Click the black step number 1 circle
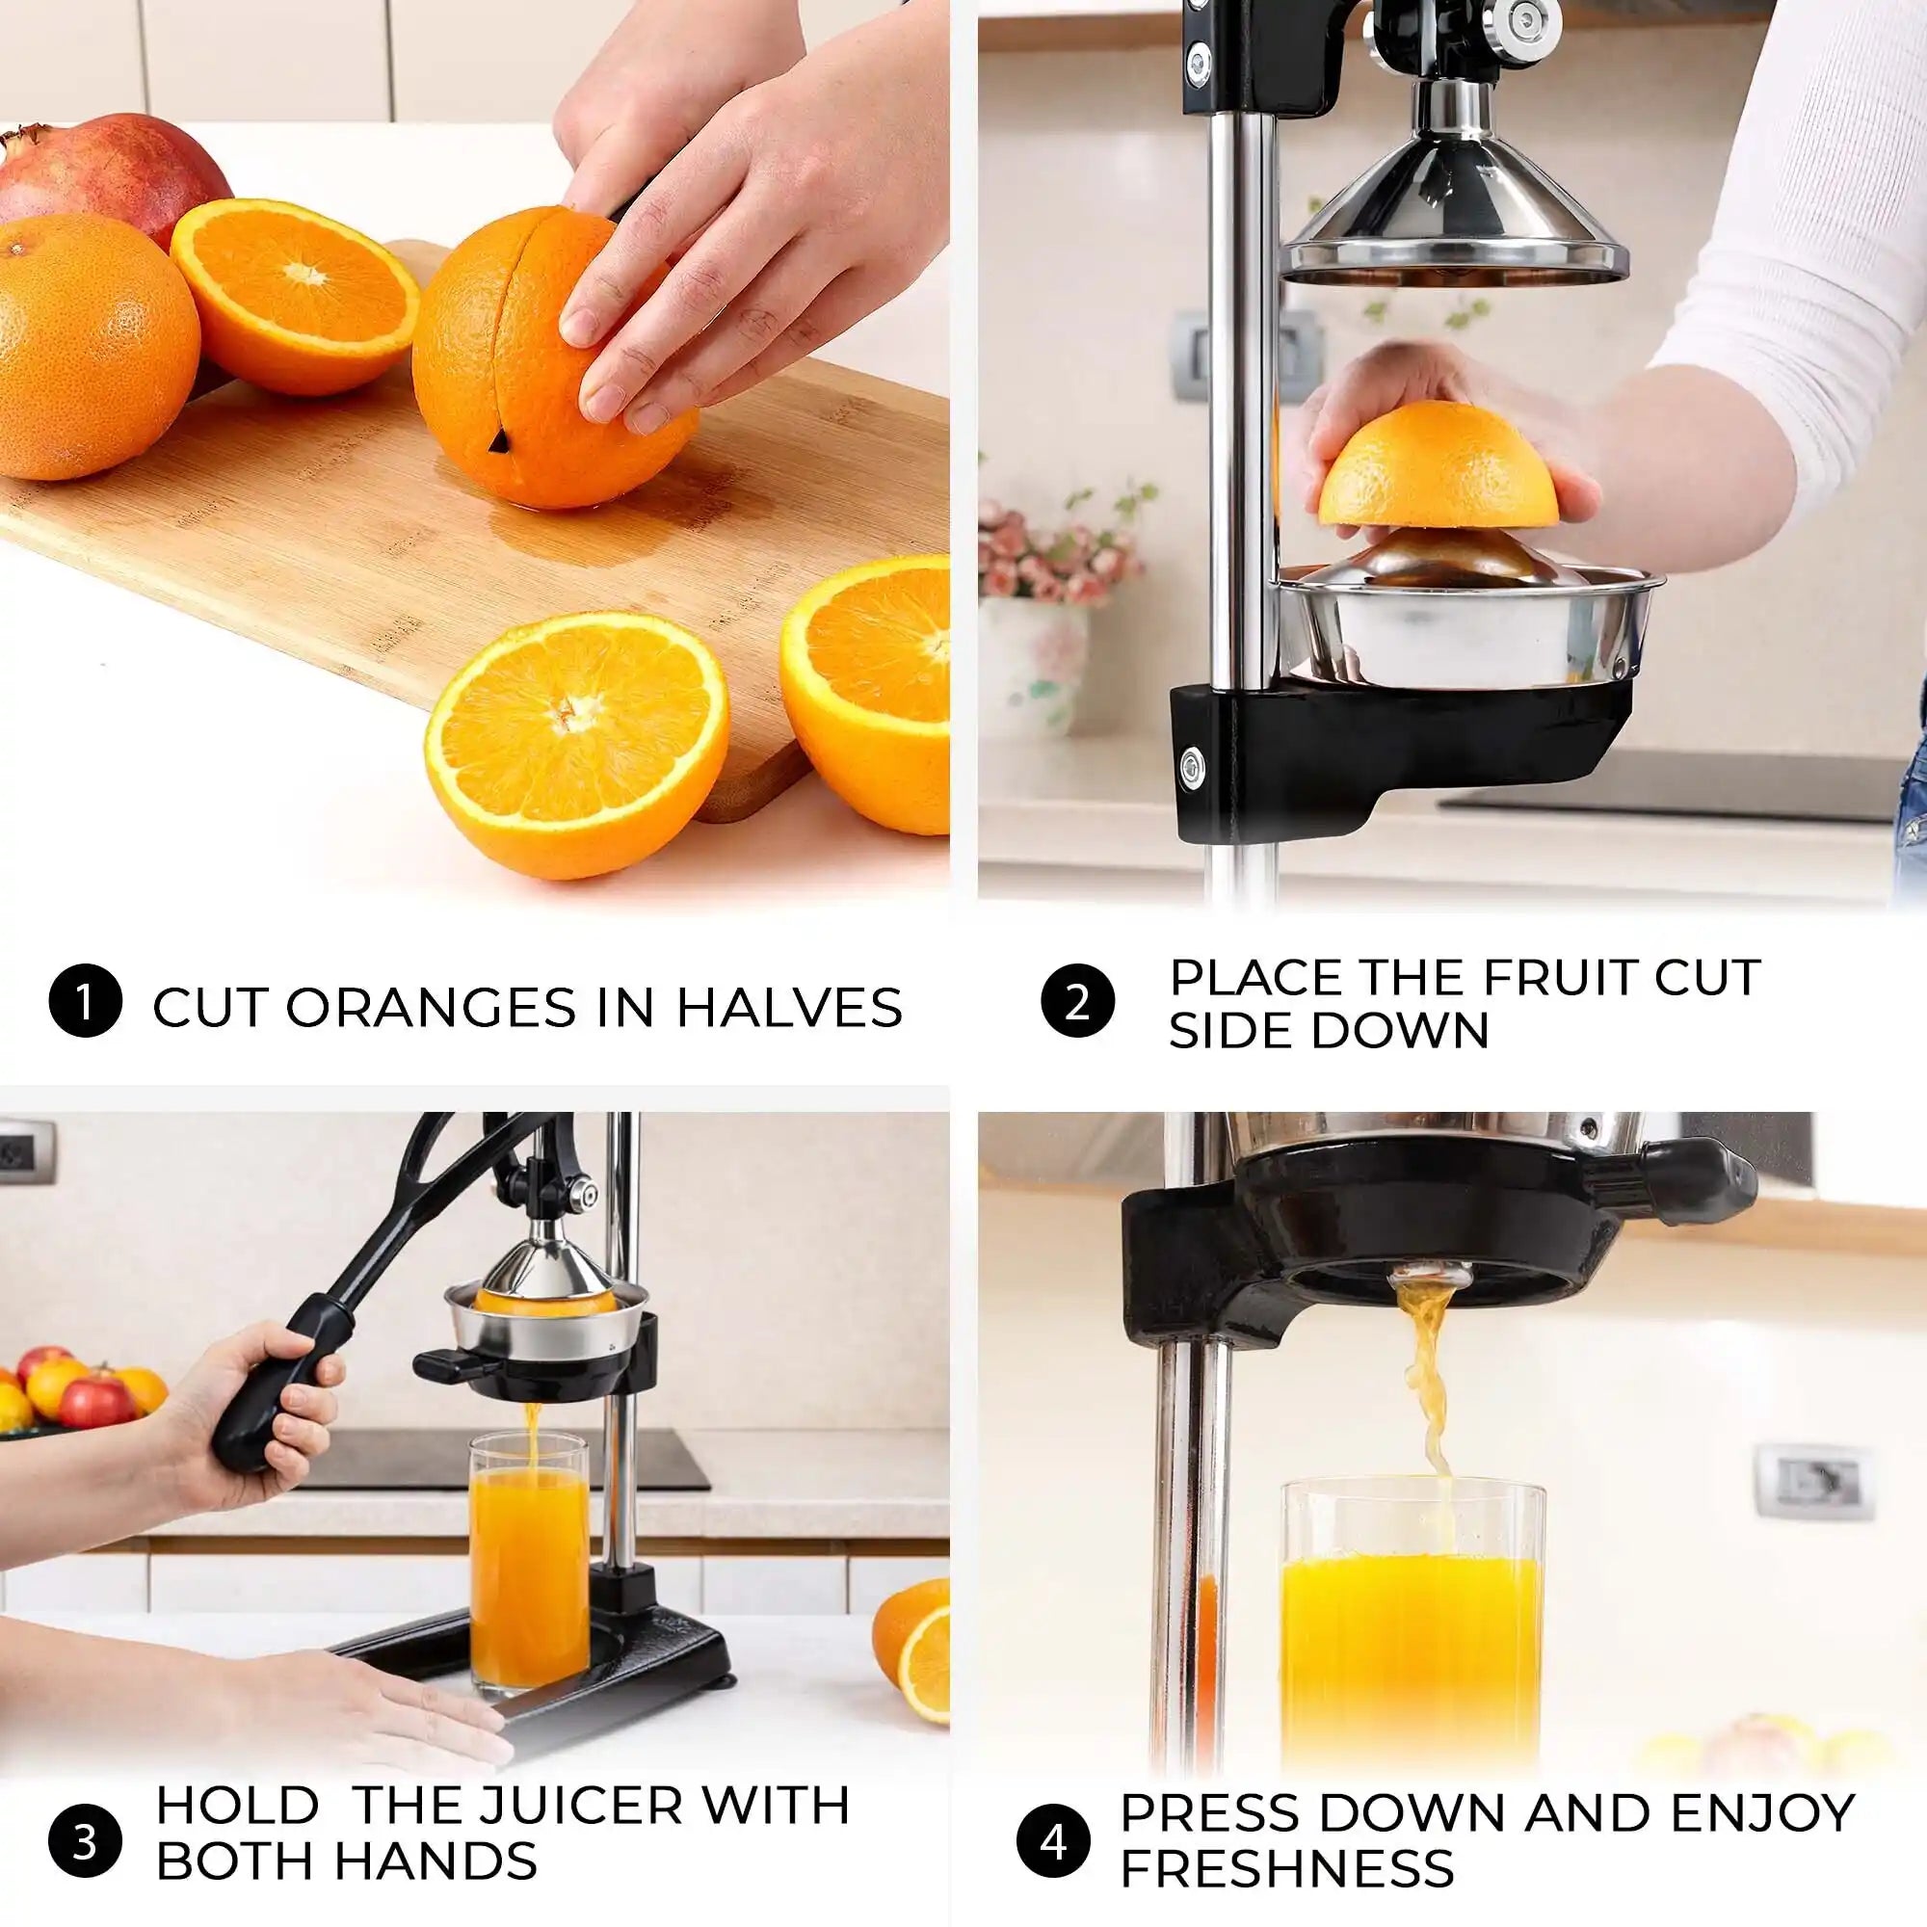pyautogui.click(x=85, y=1001)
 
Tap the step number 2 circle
pyautogui.click(x=1076, y=1001)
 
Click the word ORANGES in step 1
pyautogui.click(x=432, y=1008)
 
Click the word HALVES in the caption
pyautogui.click(x=789, y=1008)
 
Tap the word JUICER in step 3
pyautogui.click(x=598, y=1805)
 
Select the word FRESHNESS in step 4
pyautogui.click(x=1286, y=1867)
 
